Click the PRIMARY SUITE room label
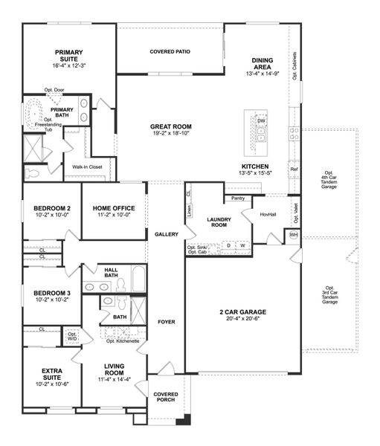point(68,56)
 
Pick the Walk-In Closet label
point(87,167)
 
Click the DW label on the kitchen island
point(261,121)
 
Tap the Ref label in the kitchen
point(294,169)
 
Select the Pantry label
point(238,198)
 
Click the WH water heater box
point(294,236)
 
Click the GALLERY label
point(166,234)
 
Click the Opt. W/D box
point(72,337)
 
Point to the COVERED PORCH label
point(166,397)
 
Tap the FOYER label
point(166,323)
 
